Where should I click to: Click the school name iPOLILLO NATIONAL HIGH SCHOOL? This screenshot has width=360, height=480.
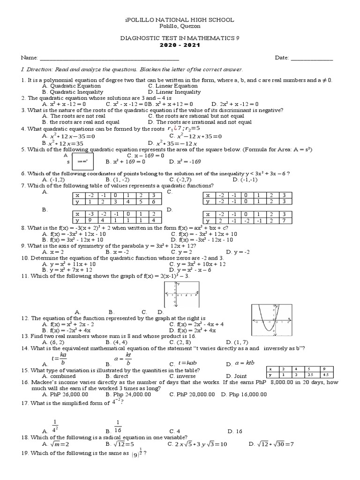pos(180,20)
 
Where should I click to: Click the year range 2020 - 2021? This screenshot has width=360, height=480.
pos(180,47)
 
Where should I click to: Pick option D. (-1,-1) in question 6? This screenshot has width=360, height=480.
pos(242,180)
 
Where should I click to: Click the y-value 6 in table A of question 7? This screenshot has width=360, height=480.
pos(152,202)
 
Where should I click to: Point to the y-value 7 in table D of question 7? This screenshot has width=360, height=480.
pos(284,220)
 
